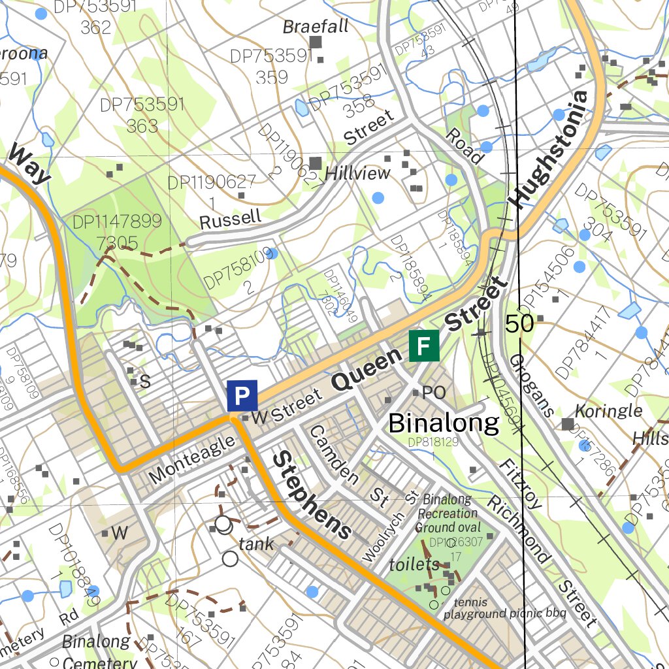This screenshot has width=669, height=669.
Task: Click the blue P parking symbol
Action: click(x=242, y=396)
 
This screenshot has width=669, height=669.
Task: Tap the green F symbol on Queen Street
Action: click(x=423, y=346)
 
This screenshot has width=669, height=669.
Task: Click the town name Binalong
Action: click(x=444, y=423)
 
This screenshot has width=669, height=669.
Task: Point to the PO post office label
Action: click(x=433, y=393)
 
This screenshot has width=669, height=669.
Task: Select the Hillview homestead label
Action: click(x=357, y=173)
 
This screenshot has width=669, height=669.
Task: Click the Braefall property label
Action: click(x=316, y=27)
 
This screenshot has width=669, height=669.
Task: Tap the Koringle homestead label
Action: click(x=608, y=412)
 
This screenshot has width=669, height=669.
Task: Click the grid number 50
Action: click(x=519, y=323)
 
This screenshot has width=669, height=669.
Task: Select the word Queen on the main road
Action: click(x=367, y=370)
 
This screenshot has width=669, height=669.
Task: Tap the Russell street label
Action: click(x=230, y=220)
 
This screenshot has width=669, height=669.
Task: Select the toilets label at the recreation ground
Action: click(x=414, y=564)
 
